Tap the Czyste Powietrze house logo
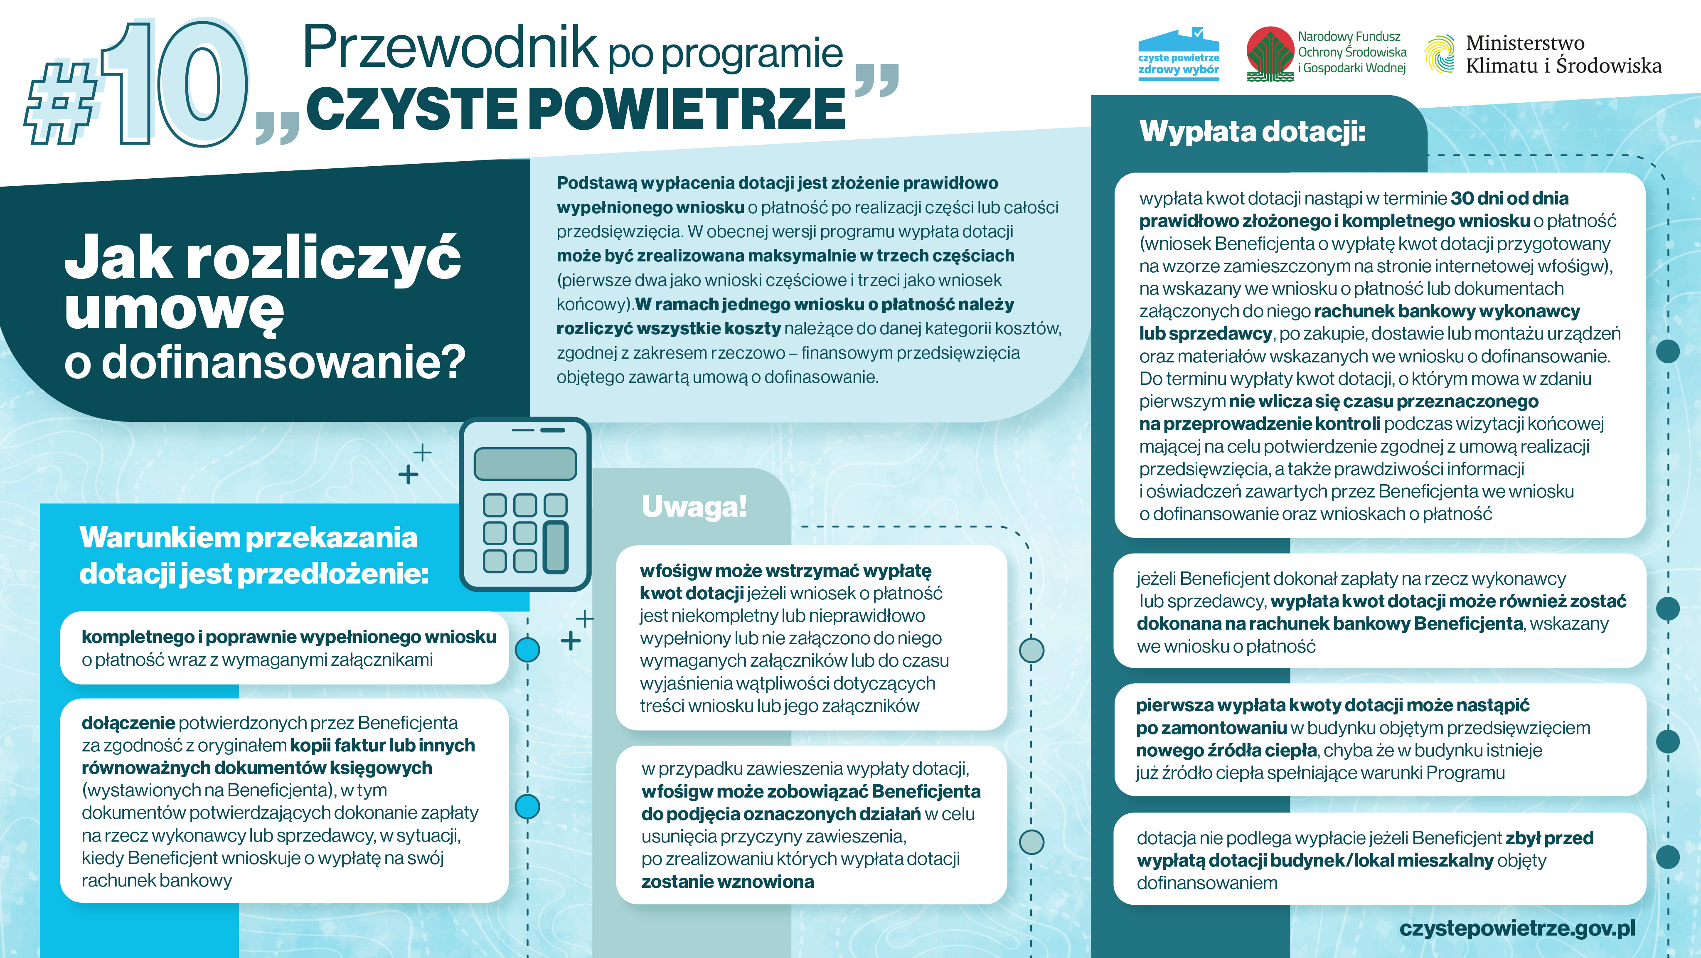coord(1179,54)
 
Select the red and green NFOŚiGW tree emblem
coord(1269,54)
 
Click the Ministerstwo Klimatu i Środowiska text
coord(1563,54)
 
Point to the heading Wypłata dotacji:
coord(1252,131)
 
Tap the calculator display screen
coord(525,463)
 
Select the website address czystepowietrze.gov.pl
coord(1517,928)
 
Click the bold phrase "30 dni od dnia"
coord(1509,198)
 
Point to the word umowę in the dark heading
coord(174,309)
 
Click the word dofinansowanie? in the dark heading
coord(284,362)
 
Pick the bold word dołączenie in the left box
coord(128,723)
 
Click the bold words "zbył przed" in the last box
coord(1549,838)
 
